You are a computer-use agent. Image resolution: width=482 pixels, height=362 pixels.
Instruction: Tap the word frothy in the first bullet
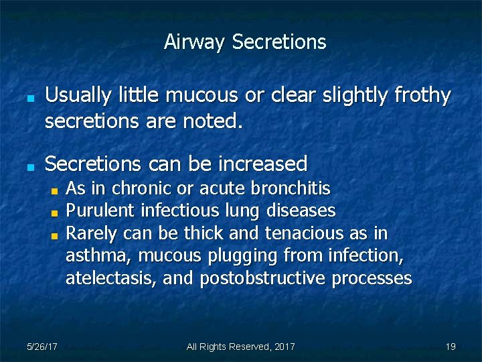[422, 96]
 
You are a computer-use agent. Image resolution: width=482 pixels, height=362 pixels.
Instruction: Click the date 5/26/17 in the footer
[42, 347]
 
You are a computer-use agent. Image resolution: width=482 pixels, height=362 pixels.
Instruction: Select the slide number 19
[451, 347]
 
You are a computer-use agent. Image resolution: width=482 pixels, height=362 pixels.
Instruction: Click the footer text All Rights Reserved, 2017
[240, 347]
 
